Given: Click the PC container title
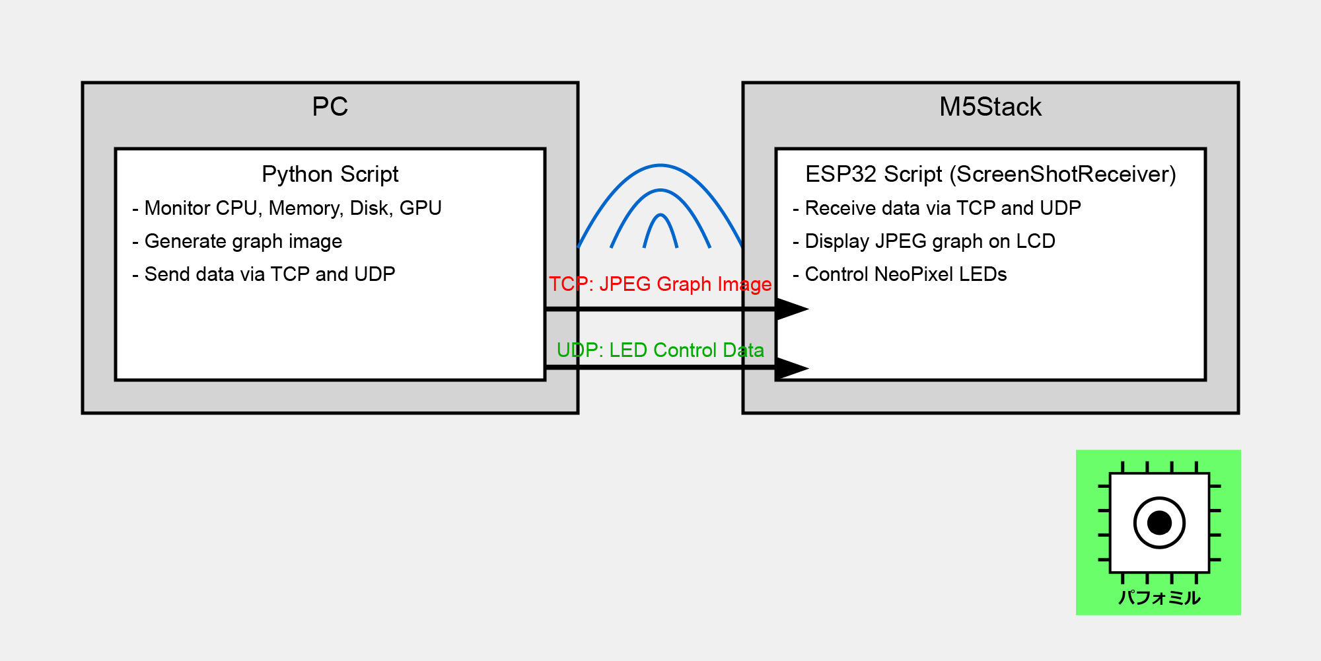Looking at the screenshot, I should [x=330, y=107].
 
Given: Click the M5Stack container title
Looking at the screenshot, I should [x=990, y=107].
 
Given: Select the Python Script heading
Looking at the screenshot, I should [x=330, y=175].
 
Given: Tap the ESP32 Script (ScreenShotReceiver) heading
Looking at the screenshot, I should [x=990, y=175].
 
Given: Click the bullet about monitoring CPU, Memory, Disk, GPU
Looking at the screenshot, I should [x=287, y=208].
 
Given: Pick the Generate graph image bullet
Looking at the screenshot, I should [x=237, y=241].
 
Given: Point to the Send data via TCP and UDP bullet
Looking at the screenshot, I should [x=264, y=274].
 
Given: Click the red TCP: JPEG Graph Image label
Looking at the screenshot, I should [x=660, y=284].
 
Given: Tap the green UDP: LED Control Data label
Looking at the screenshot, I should [x=660, y=350].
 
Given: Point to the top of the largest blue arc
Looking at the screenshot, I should [x=660, y=165].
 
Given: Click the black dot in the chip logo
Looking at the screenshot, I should [x=1159, y=523].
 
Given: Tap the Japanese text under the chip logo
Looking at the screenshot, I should [x=1159, y=598].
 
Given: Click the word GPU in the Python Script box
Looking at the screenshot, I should [x=421, y=208].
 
